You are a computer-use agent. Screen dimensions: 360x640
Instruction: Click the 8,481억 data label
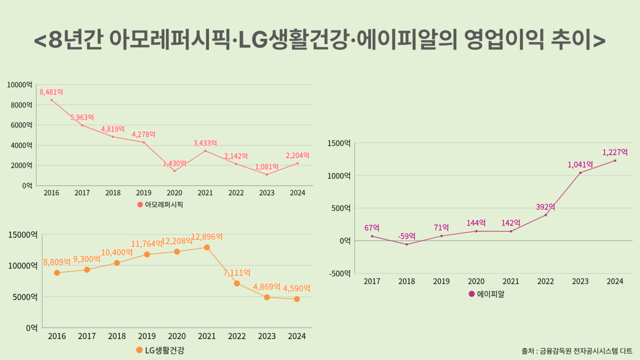coord(51,92)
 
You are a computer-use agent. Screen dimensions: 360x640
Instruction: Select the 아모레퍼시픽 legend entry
coord(160,204)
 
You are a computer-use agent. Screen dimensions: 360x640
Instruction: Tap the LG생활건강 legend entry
coord(160,350)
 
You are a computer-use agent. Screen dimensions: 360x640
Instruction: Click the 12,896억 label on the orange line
coord(206,237)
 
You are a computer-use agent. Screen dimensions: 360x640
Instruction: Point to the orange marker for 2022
coord(237,283)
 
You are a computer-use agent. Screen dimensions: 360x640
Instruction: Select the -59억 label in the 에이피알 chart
coord(406,236)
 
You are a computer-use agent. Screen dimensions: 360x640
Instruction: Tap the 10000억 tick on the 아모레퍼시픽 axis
coord(20,85)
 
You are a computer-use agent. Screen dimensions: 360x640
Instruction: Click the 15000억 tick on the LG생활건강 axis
coord(22,234)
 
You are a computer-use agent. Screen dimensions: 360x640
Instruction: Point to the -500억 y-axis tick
coord(338,273)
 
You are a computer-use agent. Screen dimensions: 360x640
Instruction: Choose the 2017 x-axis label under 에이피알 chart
coord(371,281)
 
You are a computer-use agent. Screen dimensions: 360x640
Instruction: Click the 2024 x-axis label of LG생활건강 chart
coord(297,336)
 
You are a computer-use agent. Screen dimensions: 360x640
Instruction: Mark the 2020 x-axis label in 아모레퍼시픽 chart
coord(174,192)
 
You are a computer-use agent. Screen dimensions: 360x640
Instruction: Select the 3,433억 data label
coord(205,143)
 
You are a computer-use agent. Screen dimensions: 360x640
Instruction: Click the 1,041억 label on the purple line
coord(580,164)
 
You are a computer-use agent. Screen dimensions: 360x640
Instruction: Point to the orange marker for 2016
coord(57,273)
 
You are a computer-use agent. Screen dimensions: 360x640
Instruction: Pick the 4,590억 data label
coord(296,288)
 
